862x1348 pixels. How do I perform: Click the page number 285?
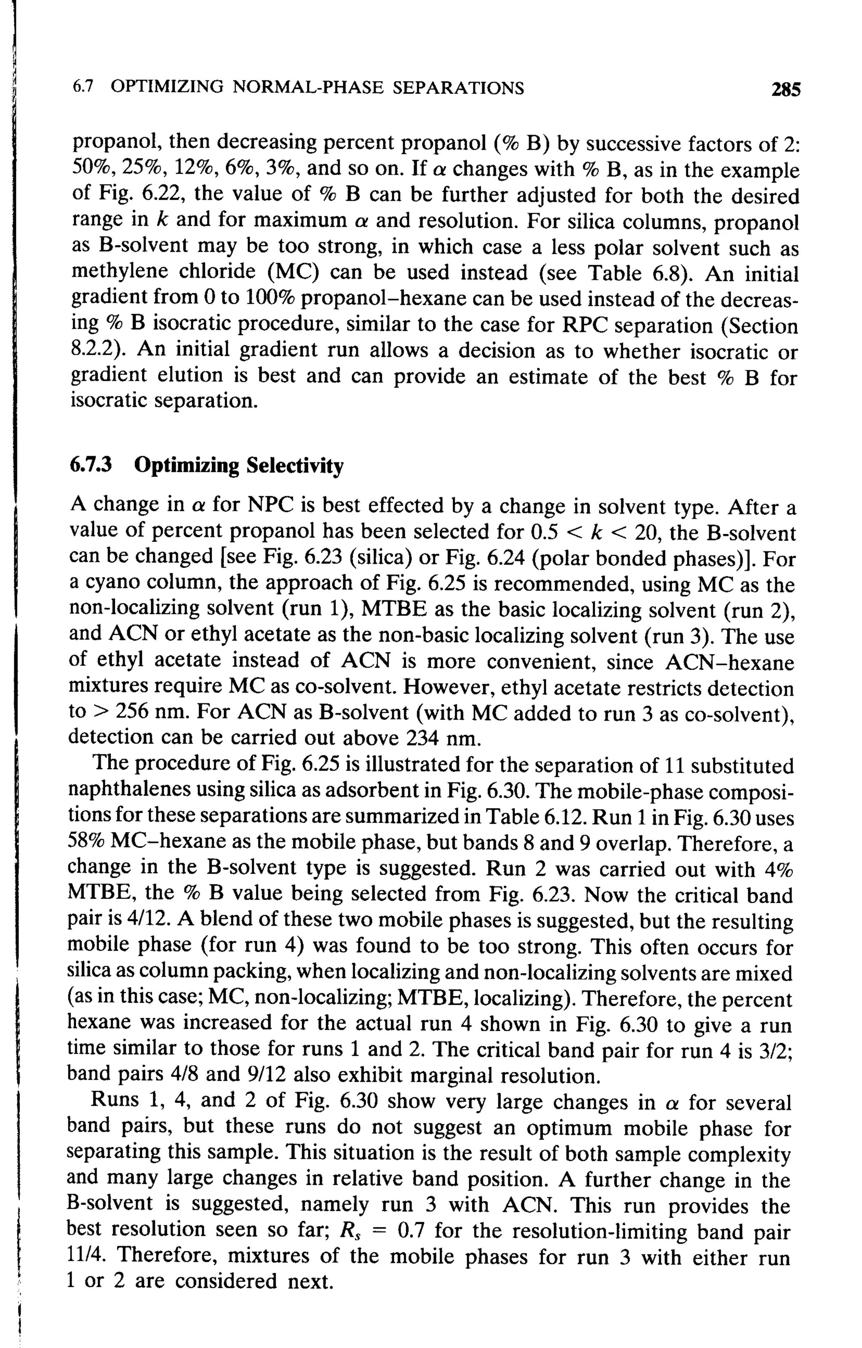pos(786,90)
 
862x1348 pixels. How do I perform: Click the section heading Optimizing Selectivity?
pos(239,466)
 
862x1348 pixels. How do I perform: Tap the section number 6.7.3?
pos(91,466)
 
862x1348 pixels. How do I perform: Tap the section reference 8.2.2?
pos(93,350)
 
